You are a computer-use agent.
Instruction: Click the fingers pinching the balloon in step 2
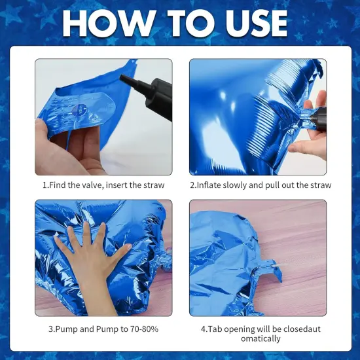(x=315, y=124)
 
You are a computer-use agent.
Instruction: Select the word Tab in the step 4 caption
(x=216, y=329)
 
